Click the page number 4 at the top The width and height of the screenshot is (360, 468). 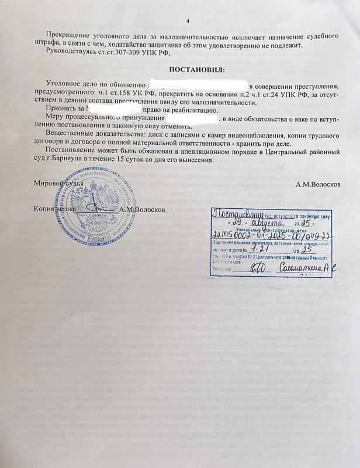tap(188, 21)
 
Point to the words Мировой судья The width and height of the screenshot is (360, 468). tap(58, 185)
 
